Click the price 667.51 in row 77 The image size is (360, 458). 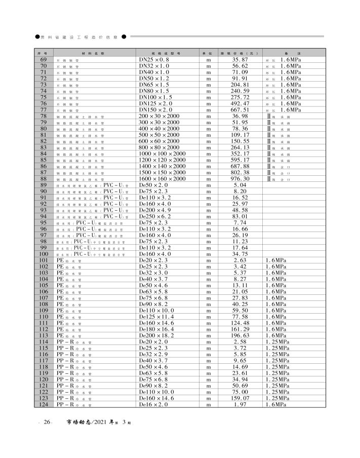tap(241, 110)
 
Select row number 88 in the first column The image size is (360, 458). tap(43, 179)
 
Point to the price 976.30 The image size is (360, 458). tap(241, 179)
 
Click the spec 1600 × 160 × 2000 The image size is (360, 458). tap(162, 179)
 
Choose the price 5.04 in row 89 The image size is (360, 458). tap(239, 185)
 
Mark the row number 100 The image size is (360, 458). tap(43, 254)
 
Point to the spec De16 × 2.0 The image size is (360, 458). tap(153, 404)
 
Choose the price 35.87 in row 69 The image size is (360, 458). tap(241, 60)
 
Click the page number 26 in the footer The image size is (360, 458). tap(47, 422)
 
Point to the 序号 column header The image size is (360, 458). tap(43, 53)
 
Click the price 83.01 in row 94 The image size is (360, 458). tap(241, 216)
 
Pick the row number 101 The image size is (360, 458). tap(43, 260)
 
